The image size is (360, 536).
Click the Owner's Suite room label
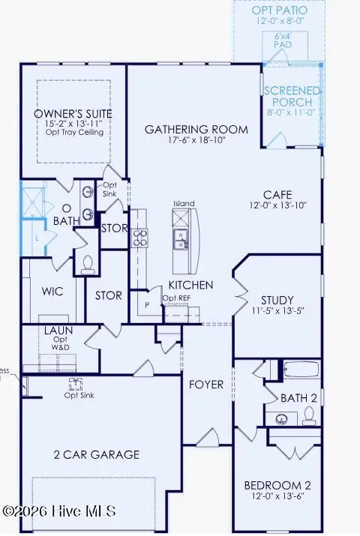[x=73, y=114]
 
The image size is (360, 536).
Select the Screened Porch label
[x=292, y=97]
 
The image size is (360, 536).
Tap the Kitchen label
[x=190, y=285]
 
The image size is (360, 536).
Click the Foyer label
[x=206, y=385]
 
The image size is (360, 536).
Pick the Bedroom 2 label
[x=277, y=485]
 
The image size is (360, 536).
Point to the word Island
[x=184, y=203]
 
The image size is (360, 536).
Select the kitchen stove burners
[x=141, y=238]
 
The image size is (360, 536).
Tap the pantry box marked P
[x=146, y=306]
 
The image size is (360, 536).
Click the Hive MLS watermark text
[x=59, y=511]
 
